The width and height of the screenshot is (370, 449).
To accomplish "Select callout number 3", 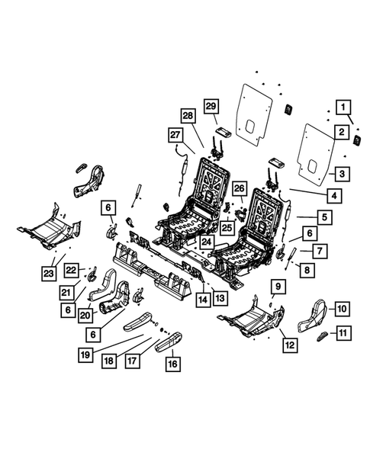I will tap(344, 175).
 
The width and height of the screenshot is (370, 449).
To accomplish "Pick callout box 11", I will tap(344, 332).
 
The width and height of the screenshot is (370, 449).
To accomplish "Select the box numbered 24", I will tap(206, 242).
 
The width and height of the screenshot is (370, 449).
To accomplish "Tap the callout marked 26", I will tap(239, 188).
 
